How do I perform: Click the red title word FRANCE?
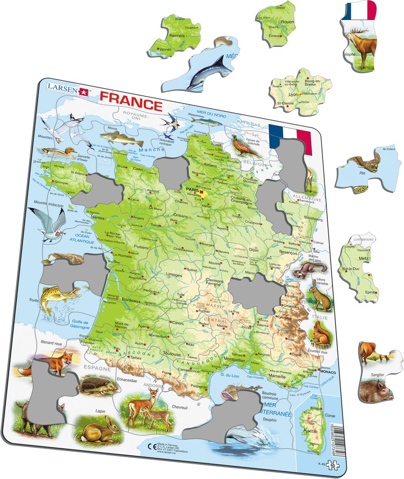(130, 104)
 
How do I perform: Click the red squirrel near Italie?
(320, 332)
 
